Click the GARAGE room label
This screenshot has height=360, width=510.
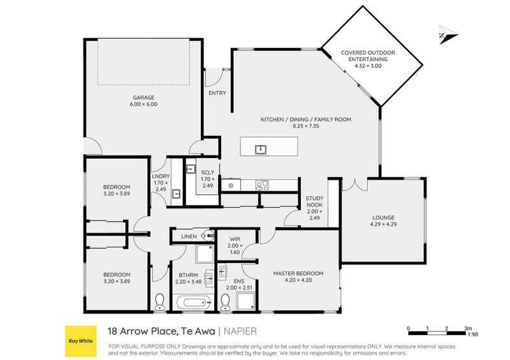(x=143, y=97)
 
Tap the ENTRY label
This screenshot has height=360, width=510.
(x=217, y=94)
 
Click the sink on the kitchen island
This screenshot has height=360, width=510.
(x=261, y=150)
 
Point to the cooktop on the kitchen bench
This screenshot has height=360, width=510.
(x=262, y=185)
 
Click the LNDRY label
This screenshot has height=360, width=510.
(x=160, y=176)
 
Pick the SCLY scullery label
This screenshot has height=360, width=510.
(x=207, y=172)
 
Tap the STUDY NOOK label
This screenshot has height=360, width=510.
(x=314, y=201)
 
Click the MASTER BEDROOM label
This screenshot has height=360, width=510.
(x=298, y=273)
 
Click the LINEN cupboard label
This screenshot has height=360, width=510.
(x=189, y=236)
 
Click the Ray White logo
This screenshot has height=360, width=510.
(x=80, y=342)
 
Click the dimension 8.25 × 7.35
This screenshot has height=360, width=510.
(x=305, y=127)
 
